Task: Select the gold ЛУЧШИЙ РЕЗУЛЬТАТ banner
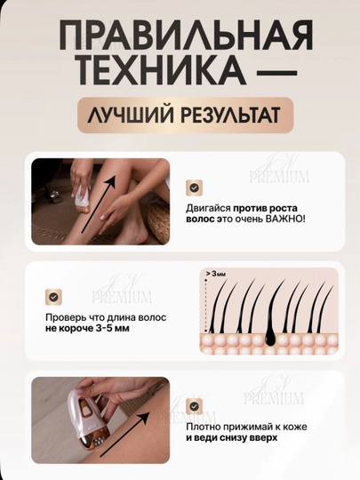(x=185, y=115)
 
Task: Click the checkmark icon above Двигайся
(x=194, y=188)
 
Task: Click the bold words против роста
(x=265, y=208)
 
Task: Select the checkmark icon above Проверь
(x=53, y=297)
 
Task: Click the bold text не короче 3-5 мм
(x=87, y=329)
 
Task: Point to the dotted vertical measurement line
(x=206, y=305)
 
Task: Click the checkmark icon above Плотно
(x=194, y=406)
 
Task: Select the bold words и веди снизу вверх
(x=232, y=437)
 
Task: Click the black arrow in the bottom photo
(x=125, y=434)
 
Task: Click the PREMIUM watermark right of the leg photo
(x=279, y=177)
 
